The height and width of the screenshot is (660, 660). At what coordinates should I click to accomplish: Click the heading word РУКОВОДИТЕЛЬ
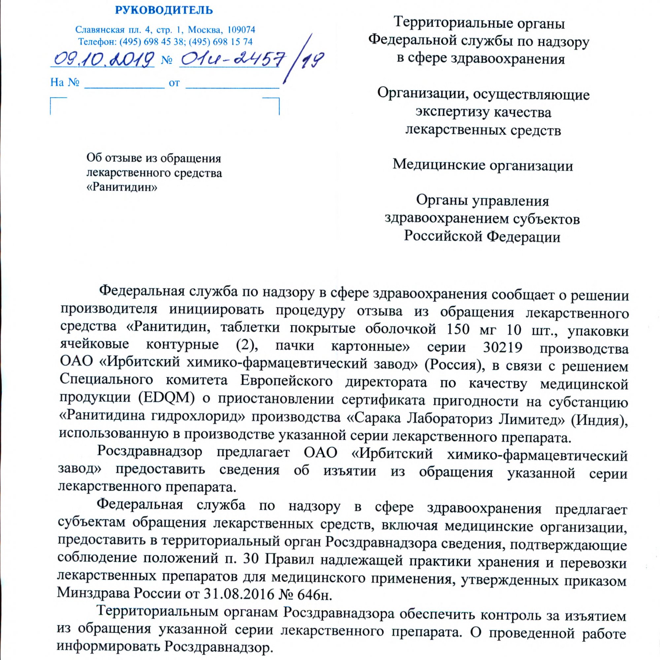pyautogui.click(x=164, y=11)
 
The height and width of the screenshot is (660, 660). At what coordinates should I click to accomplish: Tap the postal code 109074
pyautogui.click(x=241, y=30)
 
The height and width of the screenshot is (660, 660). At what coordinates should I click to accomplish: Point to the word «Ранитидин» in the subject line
pyautogui.click(x=122, y=187)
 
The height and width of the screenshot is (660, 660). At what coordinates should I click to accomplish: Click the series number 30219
pyautogui.click(x=503, y=347)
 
